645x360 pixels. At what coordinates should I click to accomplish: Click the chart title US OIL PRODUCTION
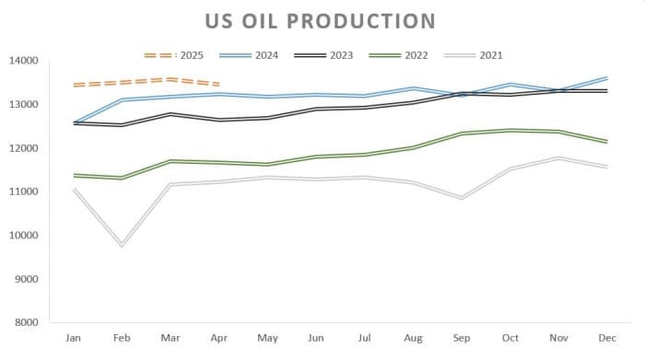pos(322,20)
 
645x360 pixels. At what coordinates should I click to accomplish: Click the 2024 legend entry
pos(250,55)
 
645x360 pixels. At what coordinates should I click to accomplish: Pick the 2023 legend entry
pos(324,55)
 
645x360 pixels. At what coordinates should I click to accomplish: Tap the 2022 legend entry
pos(399,55)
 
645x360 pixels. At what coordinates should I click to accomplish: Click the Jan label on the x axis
pos(73,339)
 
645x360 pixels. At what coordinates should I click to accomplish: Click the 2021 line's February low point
pos(122,245)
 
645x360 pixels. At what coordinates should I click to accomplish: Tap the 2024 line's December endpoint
pos(605,78)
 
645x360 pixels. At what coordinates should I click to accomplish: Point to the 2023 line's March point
pos(170,114)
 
